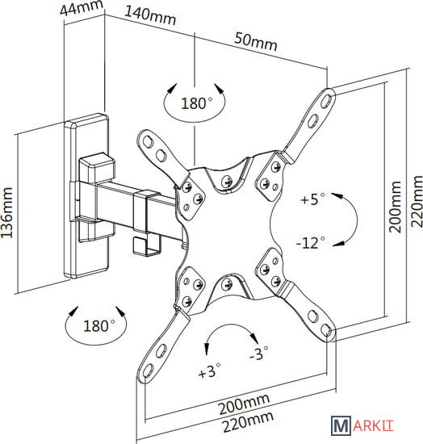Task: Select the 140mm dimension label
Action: tap(150, 16)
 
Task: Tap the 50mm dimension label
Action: tap(256, 42)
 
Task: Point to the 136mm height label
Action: tap(6, 212)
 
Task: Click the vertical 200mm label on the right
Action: tap(395, 207)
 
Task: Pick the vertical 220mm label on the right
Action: tap(417, 201)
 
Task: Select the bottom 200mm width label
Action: tap(244, 403)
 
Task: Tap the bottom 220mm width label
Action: tap(248, 422)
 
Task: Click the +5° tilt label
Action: tap(312, 199)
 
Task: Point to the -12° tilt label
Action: tap(311, 243)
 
